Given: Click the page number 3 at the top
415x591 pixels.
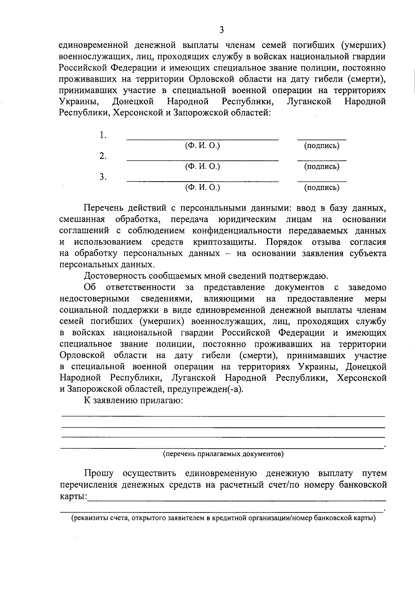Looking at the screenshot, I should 221,30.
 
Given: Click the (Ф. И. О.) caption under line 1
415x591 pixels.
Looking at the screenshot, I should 203,146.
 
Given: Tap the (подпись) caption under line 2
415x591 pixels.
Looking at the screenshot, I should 322,167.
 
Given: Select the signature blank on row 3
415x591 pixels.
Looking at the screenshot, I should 322,180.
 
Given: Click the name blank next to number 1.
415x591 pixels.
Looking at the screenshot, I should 203,139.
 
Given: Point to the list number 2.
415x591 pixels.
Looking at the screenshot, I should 103,156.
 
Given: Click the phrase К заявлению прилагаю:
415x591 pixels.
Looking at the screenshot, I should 133,401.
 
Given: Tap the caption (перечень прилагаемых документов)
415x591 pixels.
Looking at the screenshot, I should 223,454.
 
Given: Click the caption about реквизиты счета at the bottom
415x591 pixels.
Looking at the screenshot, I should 223,518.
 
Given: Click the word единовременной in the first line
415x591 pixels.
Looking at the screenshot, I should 93,45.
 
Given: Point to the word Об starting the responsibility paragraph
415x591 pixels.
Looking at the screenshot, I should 90,288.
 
